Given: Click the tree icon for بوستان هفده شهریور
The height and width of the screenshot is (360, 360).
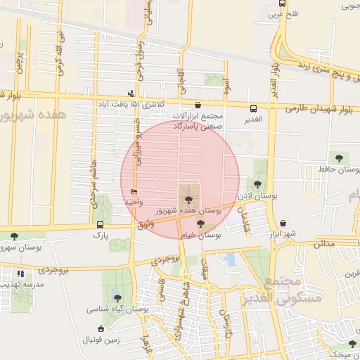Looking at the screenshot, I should (186, 200).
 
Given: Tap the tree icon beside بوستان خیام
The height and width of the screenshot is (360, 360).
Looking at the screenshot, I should (201, 224).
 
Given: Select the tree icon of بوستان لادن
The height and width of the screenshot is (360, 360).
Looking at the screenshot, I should (258, 184).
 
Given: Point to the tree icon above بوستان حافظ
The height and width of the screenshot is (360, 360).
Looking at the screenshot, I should (340, 158).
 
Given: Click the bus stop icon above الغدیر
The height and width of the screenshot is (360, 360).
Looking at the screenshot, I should (253, 108).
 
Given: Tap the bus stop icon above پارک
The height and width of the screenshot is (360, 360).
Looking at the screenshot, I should (100, 226).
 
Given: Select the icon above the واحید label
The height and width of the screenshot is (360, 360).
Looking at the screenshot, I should (134, 191).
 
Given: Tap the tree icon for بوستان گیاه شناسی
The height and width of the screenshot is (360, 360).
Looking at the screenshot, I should (117, 297).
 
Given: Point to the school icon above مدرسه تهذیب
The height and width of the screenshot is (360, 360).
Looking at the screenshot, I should (21, 273).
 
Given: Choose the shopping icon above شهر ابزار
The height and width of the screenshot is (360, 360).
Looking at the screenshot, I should (283, 223).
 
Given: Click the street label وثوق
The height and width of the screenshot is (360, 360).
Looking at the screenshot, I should (145, 224).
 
